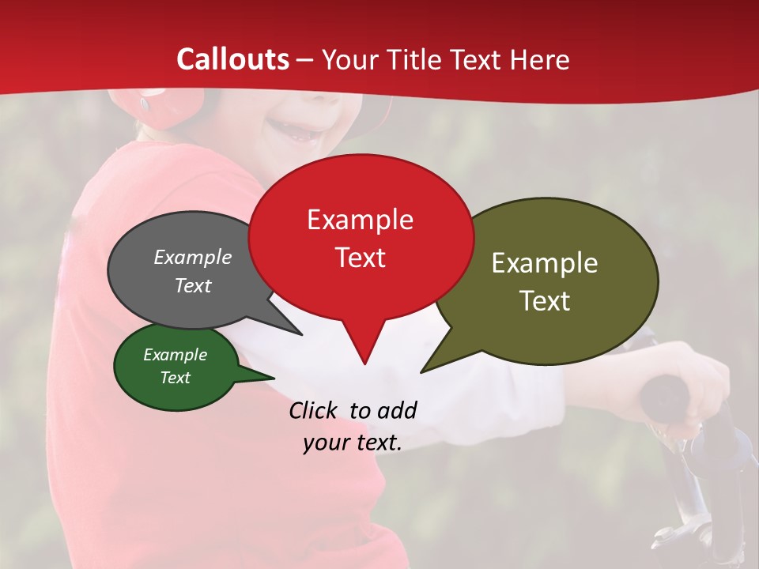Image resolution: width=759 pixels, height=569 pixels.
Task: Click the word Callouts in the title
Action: pyautogui.click(x=232, y=59)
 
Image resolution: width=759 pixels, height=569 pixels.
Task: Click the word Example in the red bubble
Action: pyautogui.click(x=361, y=220)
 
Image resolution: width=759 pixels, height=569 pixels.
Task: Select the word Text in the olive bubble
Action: pyautogui.click(x=546, y=301)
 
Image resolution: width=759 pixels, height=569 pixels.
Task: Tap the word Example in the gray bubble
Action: pyautogui.click(x=193, y=258)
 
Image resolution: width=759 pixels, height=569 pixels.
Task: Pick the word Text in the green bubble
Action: pyautogui.click(x=176, y=378)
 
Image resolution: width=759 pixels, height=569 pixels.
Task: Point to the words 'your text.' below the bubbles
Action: pyautogui.click(x=353, y=443)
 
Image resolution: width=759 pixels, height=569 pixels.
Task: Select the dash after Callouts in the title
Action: pyautogui.click(x=305, y=61)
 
